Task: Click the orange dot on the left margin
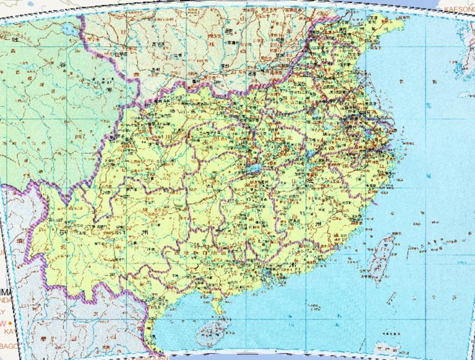(10, 323)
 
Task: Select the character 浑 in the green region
(110, 92)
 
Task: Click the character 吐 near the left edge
(7, 39)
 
